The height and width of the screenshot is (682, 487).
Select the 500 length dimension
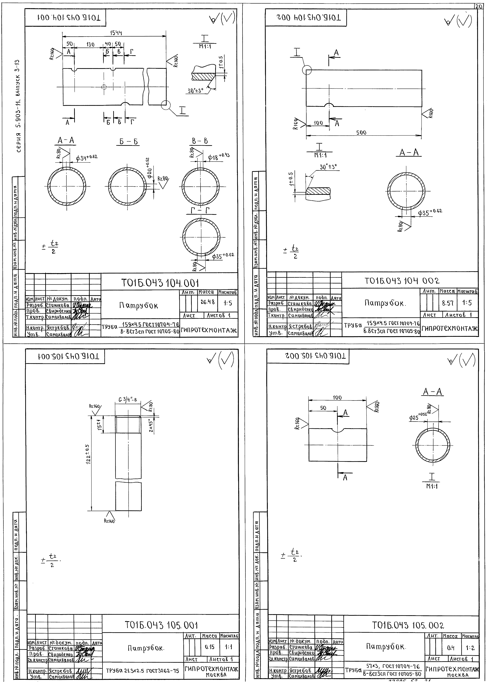361,133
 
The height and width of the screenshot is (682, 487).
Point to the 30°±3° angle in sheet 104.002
328,167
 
